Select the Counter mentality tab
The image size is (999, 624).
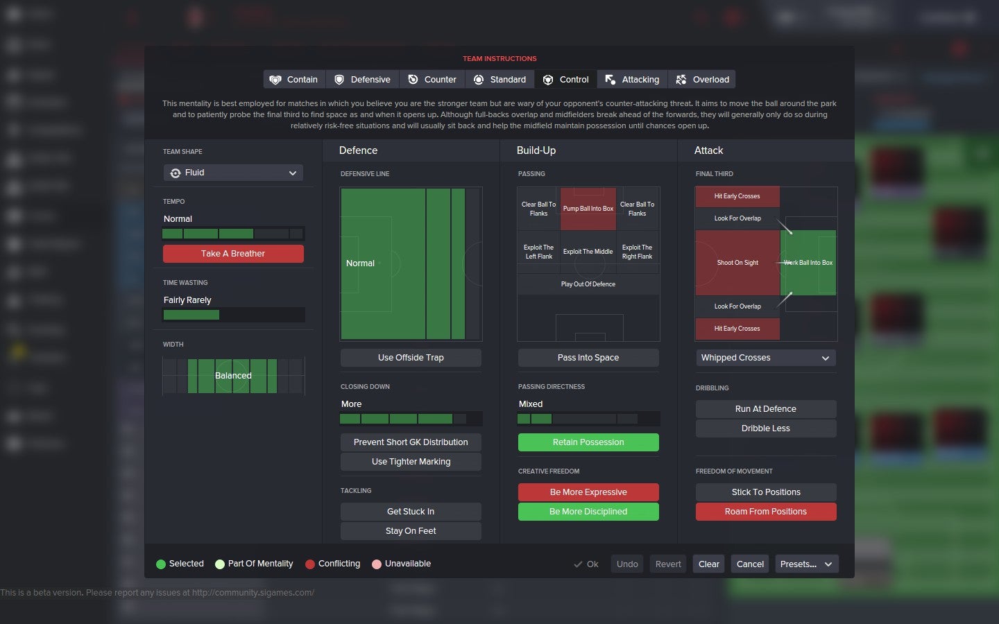click(432, 80)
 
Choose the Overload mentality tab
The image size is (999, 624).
click(702, 80)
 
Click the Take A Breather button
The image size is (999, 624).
click(233, 254)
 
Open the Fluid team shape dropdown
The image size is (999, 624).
click(233, 173)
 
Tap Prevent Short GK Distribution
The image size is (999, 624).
click(411, 442)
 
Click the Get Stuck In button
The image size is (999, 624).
click(411, 512)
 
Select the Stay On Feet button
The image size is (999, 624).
click(411, 531)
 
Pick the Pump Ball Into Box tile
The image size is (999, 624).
click(588, 209)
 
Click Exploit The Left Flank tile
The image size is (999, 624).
click(538, 252)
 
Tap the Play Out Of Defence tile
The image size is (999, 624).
click(588, 284)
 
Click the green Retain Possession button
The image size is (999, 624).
click(588, 442)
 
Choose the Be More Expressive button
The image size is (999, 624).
click(588, 492)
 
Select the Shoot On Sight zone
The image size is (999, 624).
click(737, 263)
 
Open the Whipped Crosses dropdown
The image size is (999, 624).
click(766, 358)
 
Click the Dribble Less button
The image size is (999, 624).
click(766, 428)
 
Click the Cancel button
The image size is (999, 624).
click(750, 564)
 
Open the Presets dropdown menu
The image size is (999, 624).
click(807, 564)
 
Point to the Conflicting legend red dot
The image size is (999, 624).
click(310, 564)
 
